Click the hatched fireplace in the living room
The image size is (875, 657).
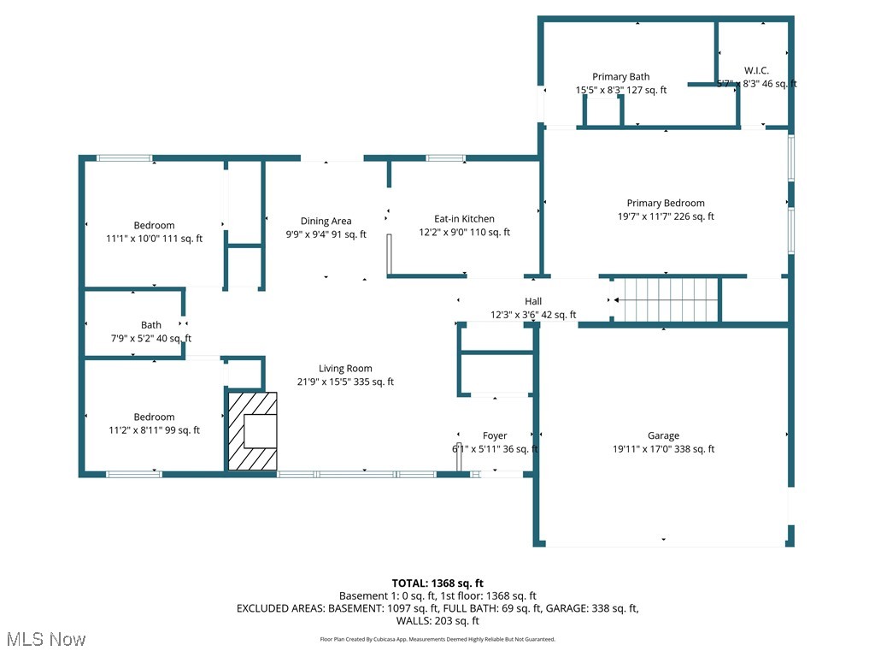(252, 430)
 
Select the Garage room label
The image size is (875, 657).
(663, 435)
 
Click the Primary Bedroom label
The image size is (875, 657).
(666, 203)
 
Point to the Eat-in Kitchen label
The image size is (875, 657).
(464, 219)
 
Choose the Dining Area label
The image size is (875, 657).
(326, 221)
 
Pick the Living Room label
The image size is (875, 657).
(345, 369)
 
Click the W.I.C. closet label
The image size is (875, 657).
(756, 70)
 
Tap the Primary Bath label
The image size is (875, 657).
(621, 77)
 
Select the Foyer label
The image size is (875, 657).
(495, 435)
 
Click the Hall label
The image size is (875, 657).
(533, 301)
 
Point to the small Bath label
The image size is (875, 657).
(151, 325)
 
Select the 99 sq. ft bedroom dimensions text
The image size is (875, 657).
(154, 430)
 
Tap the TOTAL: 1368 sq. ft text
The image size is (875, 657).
(437, 583)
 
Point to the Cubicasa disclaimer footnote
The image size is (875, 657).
(437, 639)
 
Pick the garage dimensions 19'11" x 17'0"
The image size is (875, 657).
(664, 449)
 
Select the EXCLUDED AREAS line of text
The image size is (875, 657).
(437, 608)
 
